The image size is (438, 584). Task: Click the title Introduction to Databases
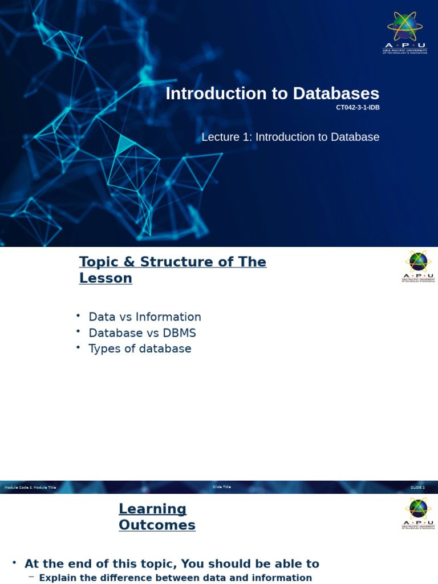[272, 94]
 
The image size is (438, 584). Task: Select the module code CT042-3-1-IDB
[358, 108]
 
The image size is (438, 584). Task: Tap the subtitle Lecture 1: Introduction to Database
[290, 137]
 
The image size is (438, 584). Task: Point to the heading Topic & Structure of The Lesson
[172, 270]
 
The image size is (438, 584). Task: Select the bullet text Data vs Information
[145, 317]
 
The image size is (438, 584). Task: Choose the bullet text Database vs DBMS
[142, 333]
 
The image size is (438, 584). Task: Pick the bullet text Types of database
[140, 348]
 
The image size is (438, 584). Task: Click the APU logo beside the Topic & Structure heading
[418, 266]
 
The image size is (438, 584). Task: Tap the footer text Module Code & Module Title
[30, 488]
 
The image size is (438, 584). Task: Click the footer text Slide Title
[222, 487]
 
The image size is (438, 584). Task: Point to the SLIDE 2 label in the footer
[417, 488]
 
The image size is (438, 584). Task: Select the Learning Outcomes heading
[157, 517]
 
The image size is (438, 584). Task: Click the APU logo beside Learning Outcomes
[418, 513]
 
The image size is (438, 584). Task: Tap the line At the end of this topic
[172, 564]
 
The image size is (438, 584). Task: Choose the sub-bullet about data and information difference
[175, 578]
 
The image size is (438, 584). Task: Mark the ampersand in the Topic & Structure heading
[129, 262]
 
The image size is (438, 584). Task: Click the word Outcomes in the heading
[157, 525]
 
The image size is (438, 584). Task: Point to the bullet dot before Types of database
[78, 347]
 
